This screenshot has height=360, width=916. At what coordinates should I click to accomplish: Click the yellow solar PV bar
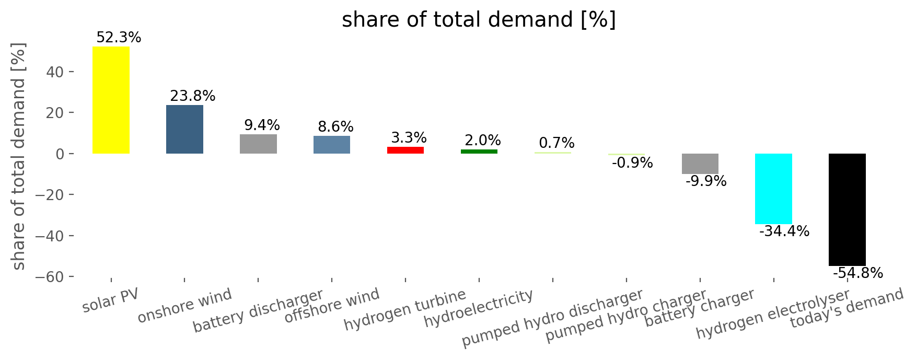point(111,100)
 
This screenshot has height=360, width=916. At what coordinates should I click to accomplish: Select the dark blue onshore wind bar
point(184,129)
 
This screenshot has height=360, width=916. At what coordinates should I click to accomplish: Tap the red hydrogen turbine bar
point(405,150)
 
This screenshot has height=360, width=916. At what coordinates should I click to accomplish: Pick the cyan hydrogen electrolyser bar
point(773,189)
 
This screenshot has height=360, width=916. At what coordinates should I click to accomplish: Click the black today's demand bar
point(847,210)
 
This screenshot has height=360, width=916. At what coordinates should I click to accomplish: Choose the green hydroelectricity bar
point(479,152)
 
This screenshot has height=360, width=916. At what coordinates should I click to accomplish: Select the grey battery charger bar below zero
point(700,164)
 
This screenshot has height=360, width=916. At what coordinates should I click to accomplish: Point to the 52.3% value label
point(119,38)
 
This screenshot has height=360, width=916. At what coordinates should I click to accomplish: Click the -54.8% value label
point(858,273)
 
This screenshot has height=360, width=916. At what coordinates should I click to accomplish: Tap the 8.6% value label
point(336,127)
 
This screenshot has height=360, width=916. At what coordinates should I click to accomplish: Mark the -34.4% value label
point(784,231)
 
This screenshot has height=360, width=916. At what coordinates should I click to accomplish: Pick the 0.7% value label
point(556,143)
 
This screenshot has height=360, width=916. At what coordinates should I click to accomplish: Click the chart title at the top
point(479,20)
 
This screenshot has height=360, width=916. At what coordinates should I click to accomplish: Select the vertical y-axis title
point(19,156)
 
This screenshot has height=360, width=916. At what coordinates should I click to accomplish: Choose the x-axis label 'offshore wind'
point(332,305)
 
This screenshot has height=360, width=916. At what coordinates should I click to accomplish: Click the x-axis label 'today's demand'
point(847,308)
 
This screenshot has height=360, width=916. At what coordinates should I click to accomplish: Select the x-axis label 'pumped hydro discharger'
point(552,318)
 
